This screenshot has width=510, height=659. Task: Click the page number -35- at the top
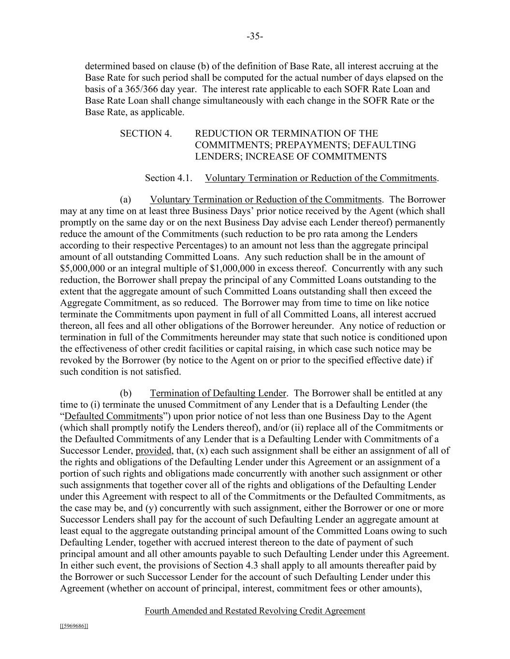point(255,36)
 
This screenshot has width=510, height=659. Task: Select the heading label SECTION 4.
point(146,134)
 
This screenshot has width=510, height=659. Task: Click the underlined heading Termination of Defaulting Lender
point(218,393)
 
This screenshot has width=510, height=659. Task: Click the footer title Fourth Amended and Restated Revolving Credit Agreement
point(255,611)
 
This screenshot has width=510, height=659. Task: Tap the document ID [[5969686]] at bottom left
point(74,626)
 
